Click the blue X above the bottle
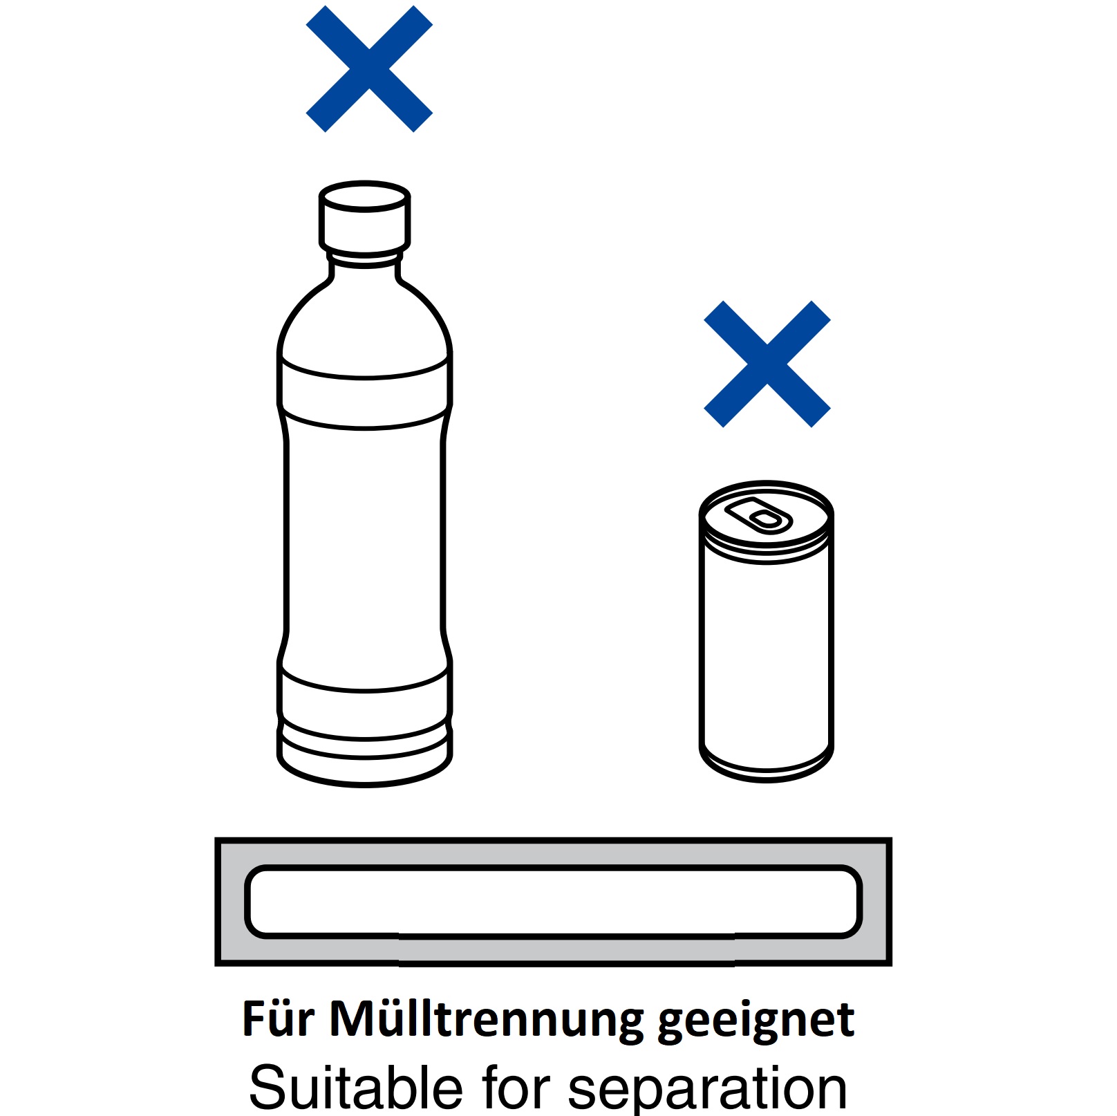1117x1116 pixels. point(369,69)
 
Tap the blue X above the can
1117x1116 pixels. point(767,364)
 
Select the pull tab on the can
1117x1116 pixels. point(758,515)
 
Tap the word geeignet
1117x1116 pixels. point(757,1021)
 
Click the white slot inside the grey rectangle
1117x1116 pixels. point(553,902)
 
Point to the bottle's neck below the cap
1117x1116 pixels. point(364,266)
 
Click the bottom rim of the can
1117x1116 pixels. point(767,768)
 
